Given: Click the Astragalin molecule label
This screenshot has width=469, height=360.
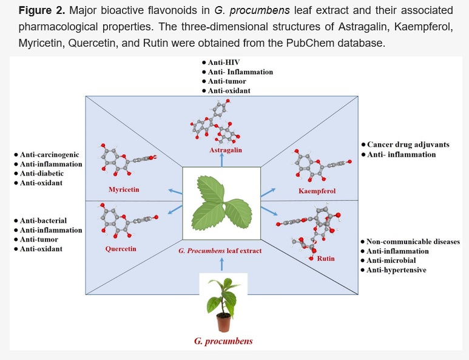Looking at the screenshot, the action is point(226,150).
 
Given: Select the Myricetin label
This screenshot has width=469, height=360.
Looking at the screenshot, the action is point(124,189).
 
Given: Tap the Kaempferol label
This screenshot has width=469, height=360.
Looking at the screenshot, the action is point(317,191).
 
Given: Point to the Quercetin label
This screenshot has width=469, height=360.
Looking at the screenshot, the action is point(121,249).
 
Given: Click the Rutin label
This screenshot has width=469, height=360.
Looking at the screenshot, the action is point(326,259).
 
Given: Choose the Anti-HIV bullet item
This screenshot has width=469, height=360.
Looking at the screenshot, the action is point(221,63).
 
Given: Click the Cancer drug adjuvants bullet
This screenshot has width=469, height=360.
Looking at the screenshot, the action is point(405,144).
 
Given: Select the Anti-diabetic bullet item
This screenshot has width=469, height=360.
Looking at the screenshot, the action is point(39,173).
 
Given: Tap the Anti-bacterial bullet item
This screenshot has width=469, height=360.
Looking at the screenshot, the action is point(41,220).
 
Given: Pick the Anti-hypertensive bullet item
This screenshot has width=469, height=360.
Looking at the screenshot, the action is point(393,270).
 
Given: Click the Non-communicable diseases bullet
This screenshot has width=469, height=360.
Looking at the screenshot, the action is point(410,242).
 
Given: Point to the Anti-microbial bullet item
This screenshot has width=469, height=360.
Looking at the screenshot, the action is point(388,260).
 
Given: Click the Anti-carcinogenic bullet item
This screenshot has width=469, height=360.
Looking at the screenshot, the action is point(47,155).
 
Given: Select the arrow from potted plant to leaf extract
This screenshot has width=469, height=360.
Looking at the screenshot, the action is point(221,264).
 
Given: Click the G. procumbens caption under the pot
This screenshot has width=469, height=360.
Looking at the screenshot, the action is point(223,341).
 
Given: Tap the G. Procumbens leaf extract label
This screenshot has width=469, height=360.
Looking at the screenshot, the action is point(220,251).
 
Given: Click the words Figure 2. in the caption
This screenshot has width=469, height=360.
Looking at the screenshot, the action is point(42,10).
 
